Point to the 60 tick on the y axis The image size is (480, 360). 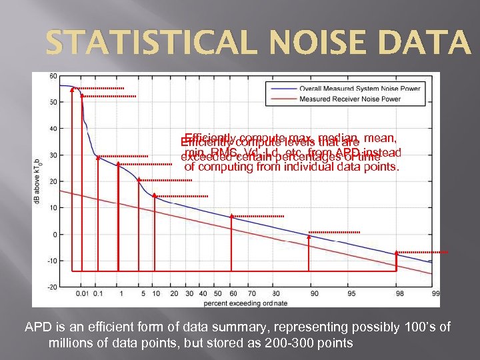click(x=53, y=76)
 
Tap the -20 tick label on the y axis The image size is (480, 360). click(x=52, y=287)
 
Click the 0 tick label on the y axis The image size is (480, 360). click(x=55, y=234)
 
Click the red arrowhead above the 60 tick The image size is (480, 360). click(x=231, y=216)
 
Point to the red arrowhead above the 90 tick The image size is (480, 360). click(x=309, y=234)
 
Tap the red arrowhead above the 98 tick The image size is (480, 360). click(x=397, y=253)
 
